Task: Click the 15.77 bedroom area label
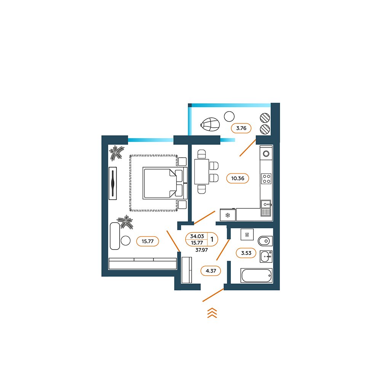point(147,241)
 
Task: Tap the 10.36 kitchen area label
point(237,178)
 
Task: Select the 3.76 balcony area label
point(241,128)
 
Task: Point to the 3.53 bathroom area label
point(246,253)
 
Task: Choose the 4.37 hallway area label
point(211,271)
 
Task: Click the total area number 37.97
point(202,250)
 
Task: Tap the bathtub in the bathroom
point(256,275)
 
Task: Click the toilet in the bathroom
point(265,241)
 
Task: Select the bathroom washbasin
point(266,256)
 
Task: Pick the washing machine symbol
point(247,234)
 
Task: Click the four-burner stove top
point(266,179)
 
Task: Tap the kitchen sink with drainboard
point(266,208)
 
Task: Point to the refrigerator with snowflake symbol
point(228,215)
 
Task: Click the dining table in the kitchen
point(202,171)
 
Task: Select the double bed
point(165,183)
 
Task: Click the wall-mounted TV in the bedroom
point(113,183)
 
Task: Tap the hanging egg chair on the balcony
point(210,125)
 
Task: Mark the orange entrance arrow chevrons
point(212,313)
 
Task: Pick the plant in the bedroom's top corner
point(116,153)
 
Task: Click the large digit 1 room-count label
point(212,239)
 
